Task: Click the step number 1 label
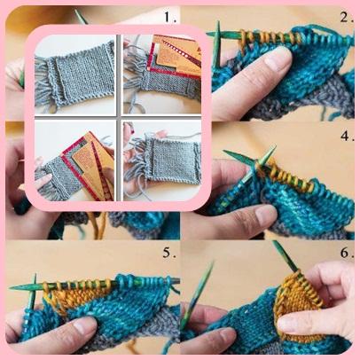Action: (170, 17)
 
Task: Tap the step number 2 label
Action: (347, 17)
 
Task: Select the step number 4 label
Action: (347, 136)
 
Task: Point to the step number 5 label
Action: (169, 253)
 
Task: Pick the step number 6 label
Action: (347, 253)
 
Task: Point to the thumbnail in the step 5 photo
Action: (84, 324)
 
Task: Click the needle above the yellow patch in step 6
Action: (286, 256)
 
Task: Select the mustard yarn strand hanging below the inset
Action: (100, 224)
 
